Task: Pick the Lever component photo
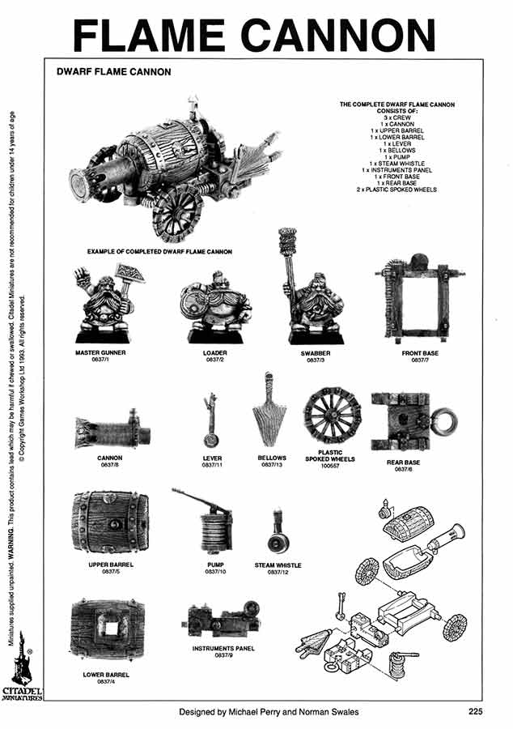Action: tap(211, 419)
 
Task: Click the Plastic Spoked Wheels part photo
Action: tap(332, 418)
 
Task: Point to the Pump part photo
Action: tap(209, 523)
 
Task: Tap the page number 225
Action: tap(476, 714)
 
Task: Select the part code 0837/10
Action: tap(214, 572)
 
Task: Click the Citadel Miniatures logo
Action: tap(23, 671)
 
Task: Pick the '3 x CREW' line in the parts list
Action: tap(396, 117)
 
